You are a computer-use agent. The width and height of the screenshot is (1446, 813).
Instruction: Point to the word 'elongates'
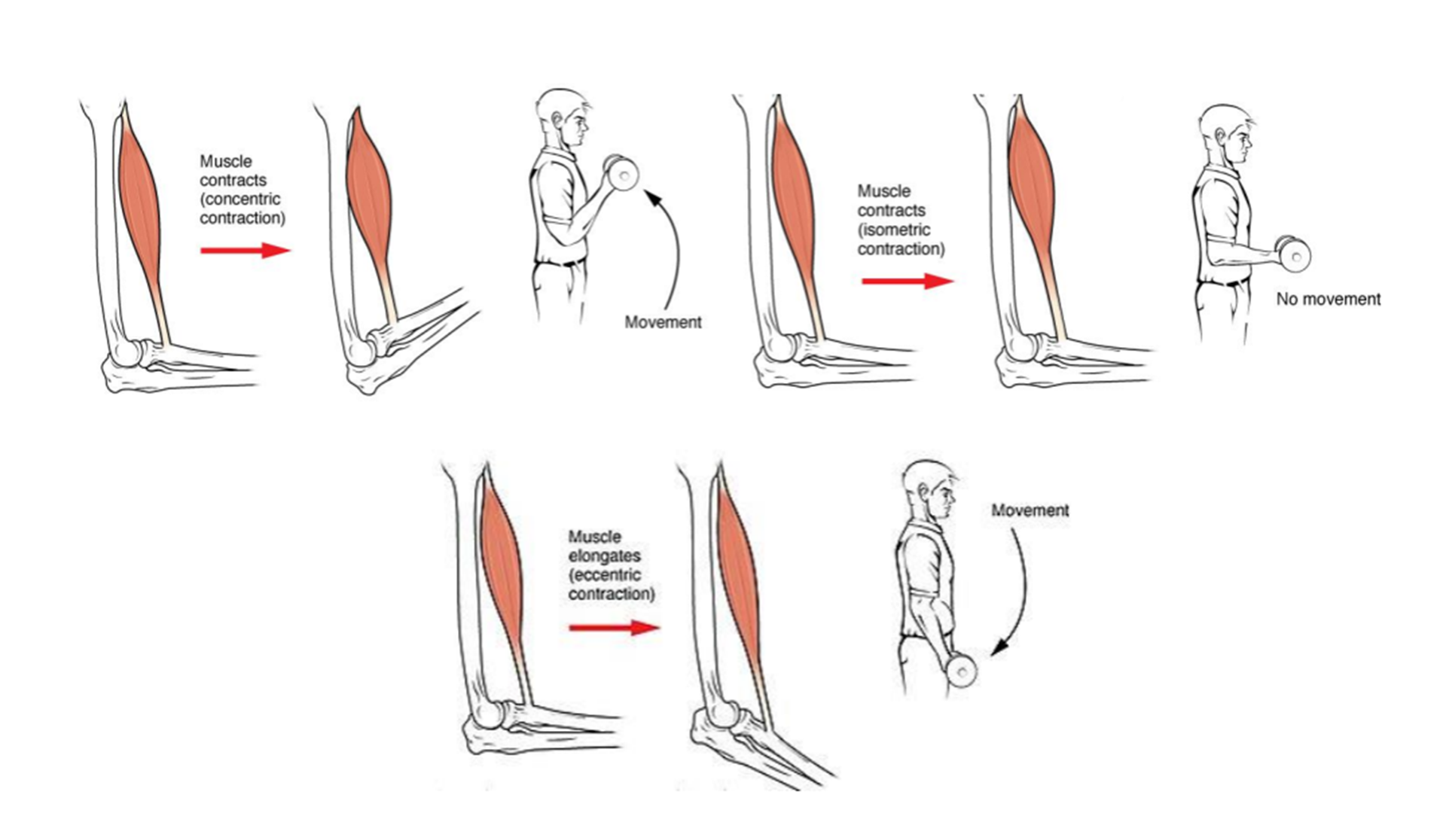point(605,556)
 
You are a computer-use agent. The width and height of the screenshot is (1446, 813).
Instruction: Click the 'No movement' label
point(1329,300)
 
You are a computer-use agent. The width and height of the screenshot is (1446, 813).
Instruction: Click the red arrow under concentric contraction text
point(246,251)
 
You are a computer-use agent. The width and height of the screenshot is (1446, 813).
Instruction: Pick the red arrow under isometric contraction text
point(908,282)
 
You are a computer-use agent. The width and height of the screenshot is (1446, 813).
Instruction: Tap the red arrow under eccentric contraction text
point(615,627)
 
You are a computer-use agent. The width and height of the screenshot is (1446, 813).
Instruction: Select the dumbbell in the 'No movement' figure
point(1292,254)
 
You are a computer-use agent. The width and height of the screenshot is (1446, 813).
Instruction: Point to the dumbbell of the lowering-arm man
point(961,670)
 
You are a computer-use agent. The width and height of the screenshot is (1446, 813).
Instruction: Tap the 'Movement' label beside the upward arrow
point(664,322)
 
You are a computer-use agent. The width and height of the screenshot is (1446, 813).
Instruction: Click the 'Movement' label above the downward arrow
point(1030,510)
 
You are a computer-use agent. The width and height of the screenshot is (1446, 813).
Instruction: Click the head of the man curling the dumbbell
point(563,120)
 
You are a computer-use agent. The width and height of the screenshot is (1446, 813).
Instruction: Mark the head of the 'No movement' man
point(1226,135)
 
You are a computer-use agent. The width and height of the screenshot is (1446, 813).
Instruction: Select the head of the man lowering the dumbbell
point(930,491)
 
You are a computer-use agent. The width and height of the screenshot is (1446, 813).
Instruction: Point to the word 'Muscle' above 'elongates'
point(595,537)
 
